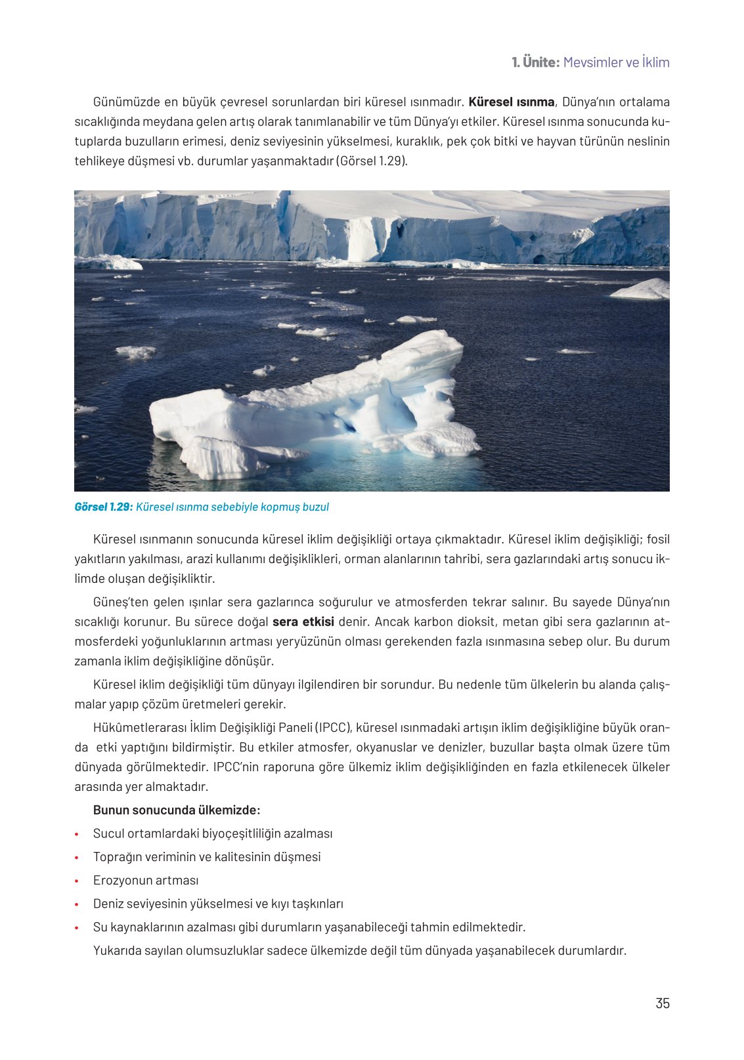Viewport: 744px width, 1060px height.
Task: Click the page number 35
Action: (x=662, y=1003)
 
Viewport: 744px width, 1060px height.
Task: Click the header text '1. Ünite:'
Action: (x=535, y=62)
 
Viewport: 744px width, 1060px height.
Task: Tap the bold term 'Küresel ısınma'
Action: (x=511, y=102)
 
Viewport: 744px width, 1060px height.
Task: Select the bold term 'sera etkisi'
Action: (x=303, y=622)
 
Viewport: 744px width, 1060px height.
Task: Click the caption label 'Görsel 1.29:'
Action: (x=103, y=507)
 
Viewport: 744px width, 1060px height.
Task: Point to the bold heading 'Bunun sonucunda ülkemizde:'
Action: (x=177, y=810)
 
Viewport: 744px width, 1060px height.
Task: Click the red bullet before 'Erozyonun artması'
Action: (x=77, y=881)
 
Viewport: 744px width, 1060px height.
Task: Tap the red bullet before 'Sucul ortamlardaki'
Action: (x=77, y=834)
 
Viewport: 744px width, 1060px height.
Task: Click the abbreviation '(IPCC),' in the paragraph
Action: (x=334, y=727)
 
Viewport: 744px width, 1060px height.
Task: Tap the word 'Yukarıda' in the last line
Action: (x=116, y=950)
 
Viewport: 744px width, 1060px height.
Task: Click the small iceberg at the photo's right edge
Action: (x=642, y=289)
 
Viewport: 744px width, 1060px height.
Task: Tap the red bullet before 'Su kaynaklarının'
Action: (x=77, y=928)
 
